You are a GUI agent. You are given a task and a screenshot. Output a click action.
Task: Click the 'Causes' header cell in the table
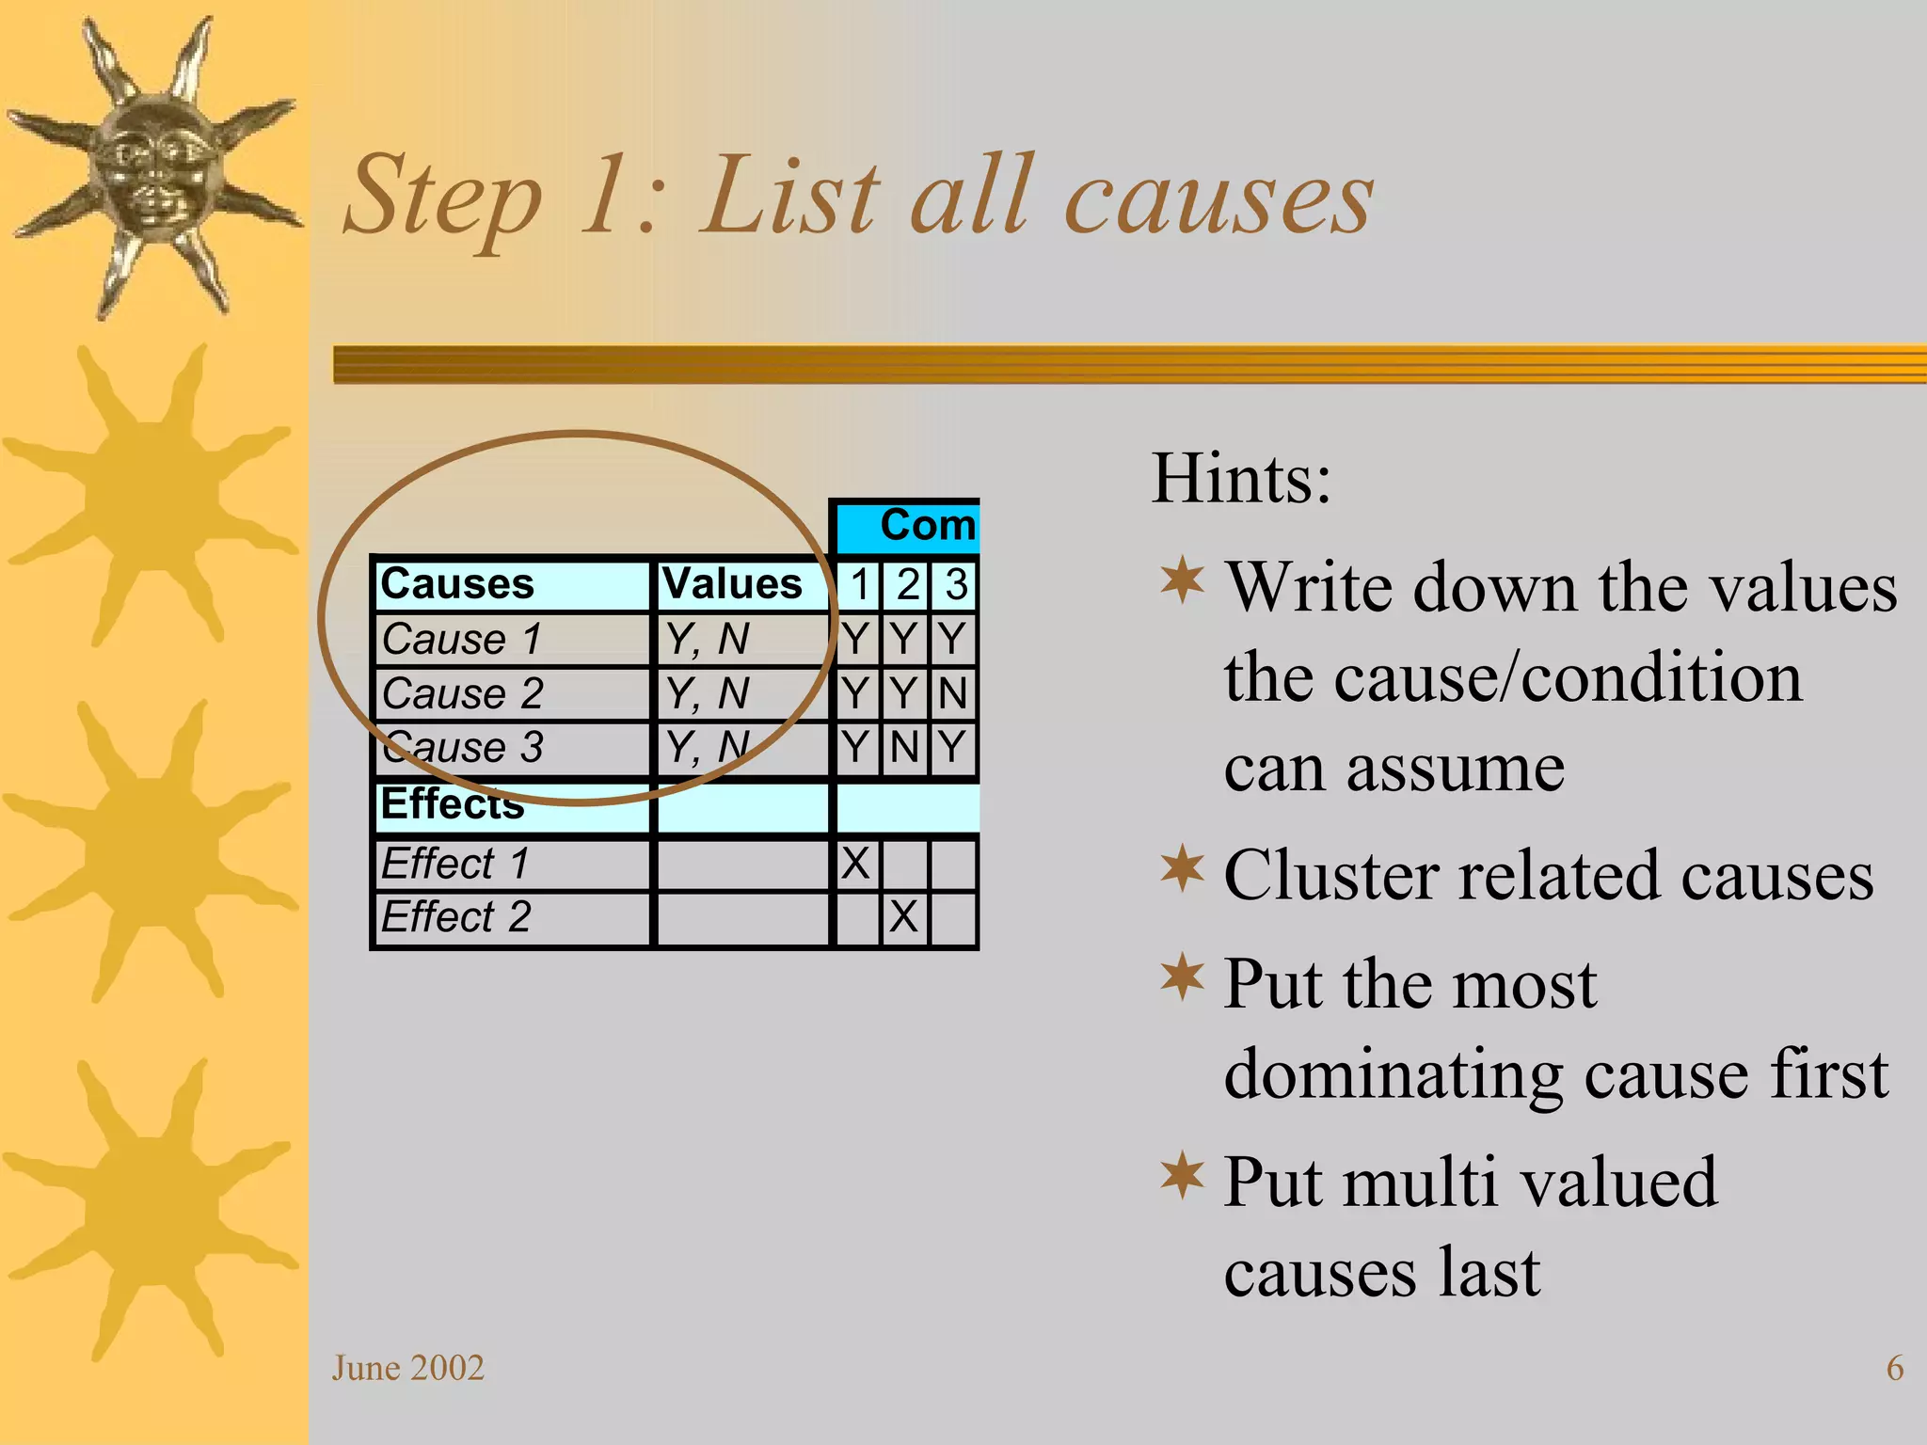pyautogui.click(x=457, y=584)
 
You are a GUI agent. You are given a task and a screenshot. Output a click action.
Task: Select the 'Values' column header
pyautogui.click(x=732, y=584)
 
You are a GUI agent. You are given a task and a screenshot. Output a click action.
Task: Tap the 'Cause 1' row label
pyautogui.click(x=461, y=640)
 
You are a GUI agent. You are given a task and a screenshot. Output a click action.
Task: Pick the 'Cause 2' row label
pyautogui.click(x=462, y=694)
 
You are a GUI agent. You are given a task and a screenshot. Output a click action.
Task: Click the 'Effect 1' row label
pyautogui.click(x=455, y=864)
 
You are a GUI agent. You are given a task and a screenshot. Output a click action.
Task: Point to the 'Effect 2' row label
pyautogui.click(x=456, y=917)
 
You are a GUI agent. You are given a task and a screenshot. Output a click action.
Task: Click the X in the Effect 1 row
pyautogui.click(x=855, y=864)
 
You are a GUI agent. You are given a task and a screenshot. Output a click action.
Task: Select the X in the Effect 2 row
pyautogui.click(x=903, y=917)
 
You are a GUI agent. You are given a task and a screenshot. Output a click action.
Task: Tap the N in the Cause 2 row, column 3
pyautogui.click(x=952, y=694)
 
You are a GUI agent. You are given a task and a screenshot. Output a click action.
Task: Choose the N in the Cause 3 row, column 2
pyautogui.click(x=903, y=748)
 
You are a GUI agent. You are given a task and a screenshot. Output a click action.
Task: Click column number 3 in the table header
pyautogui.click(x=955, y=584)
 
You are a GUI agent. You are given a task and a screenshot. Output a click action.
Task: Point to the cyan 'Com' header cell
pyautogui.click(x=927, y=526)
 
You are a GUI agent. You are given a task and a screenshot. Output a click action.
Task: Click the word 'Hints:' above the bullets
pyautogui.click(x=1241, y=479)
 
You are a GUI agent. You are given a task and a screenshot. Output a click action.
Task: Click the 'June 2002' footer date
pyautogui.click(x=407, y=1368)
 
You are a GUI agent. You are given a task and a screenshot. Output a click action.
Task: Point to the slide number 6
pyautogui.click(x=1895, y=1368)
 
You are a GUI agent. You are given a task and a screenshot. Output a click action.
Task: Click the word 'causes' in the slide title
pyautogui.click(x=1218, y=198)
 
